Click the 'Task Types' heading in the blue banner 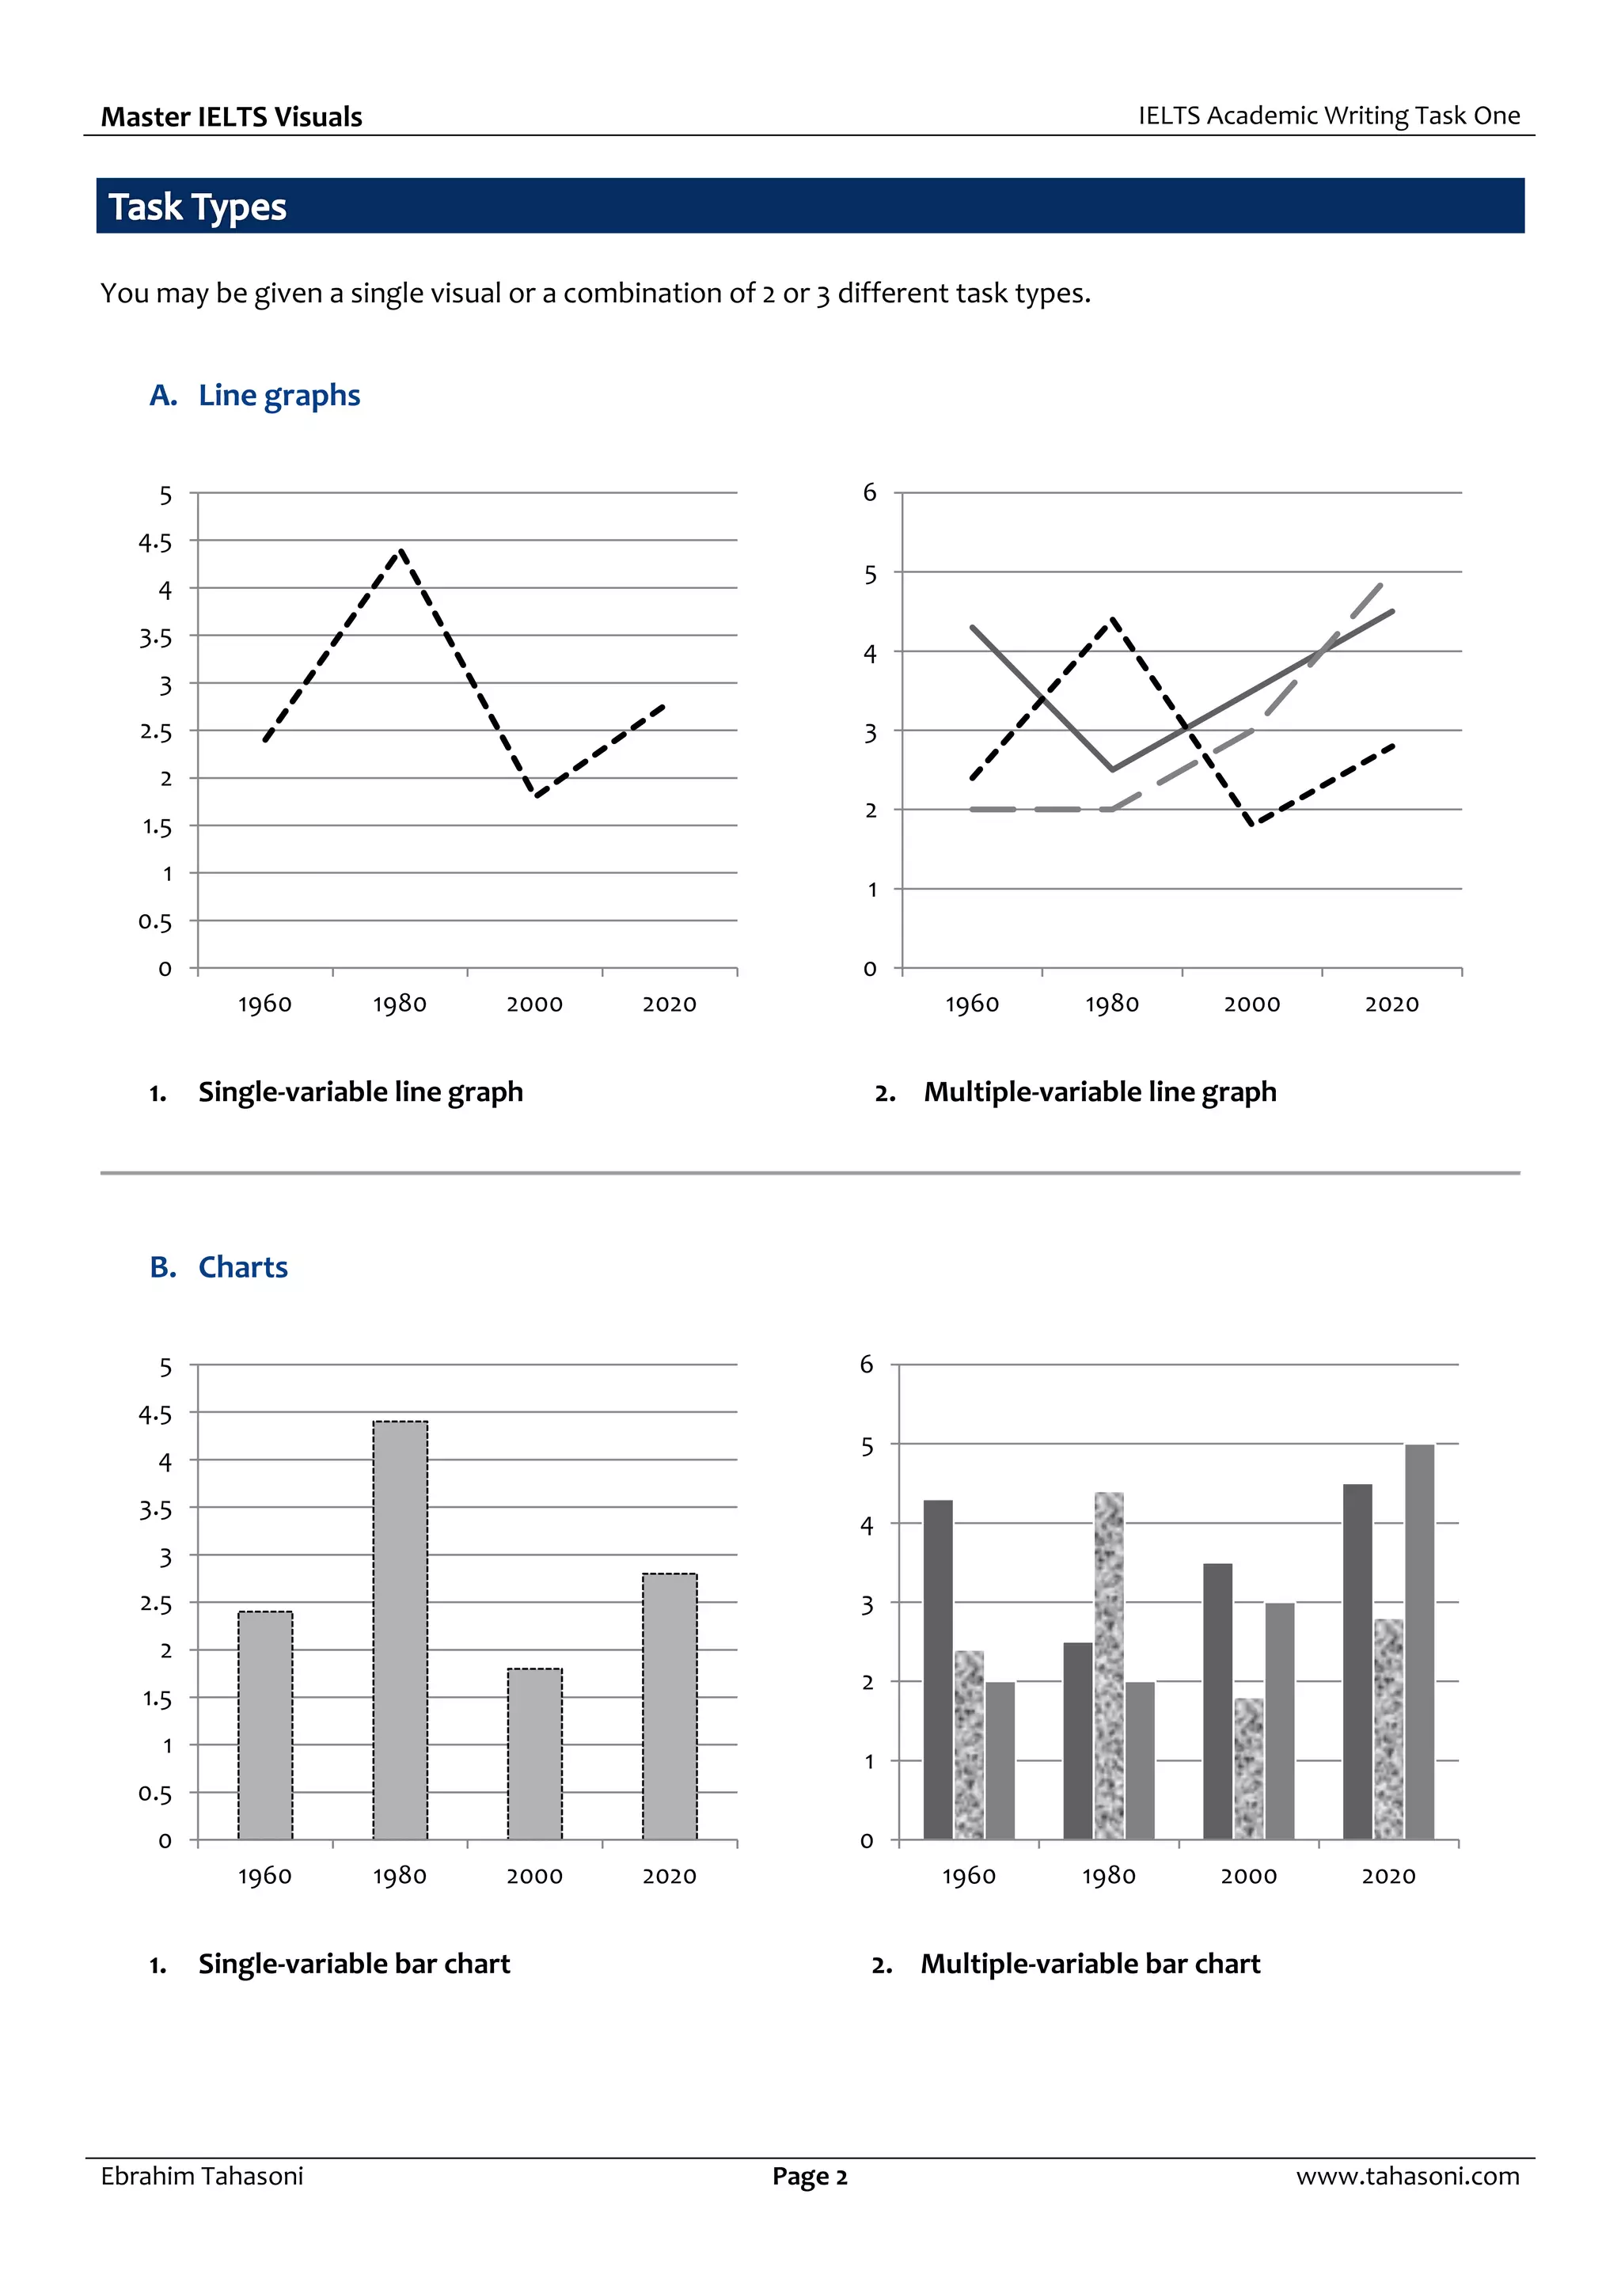[x=197, y=207]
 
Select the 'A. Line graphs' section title [x=255, y=396]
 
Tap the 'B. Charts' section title [x=218, y=1267]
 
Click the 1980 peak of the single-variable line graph [x=401, y=550]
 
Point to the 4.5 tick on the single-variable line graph [x=155, y=542]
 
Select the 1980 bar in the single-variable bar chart [x=401, y=1630]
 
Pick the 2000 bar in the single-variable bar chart [x=534, y=1755]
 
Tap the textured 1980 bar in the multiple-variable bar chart [x=1109, y=1666]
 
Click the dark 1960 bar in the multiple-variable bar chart [x=938, y=1670]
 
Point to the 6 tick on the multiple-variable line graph [x=870, y=492]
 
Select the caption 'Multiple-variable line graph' [x=1099, y=1091]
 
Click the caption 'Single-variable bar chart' [x=354, y=1964]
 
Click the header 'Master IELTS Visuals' [x=232, y=117]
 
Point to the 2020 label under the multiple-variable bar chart [x=1388, y=1876]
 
